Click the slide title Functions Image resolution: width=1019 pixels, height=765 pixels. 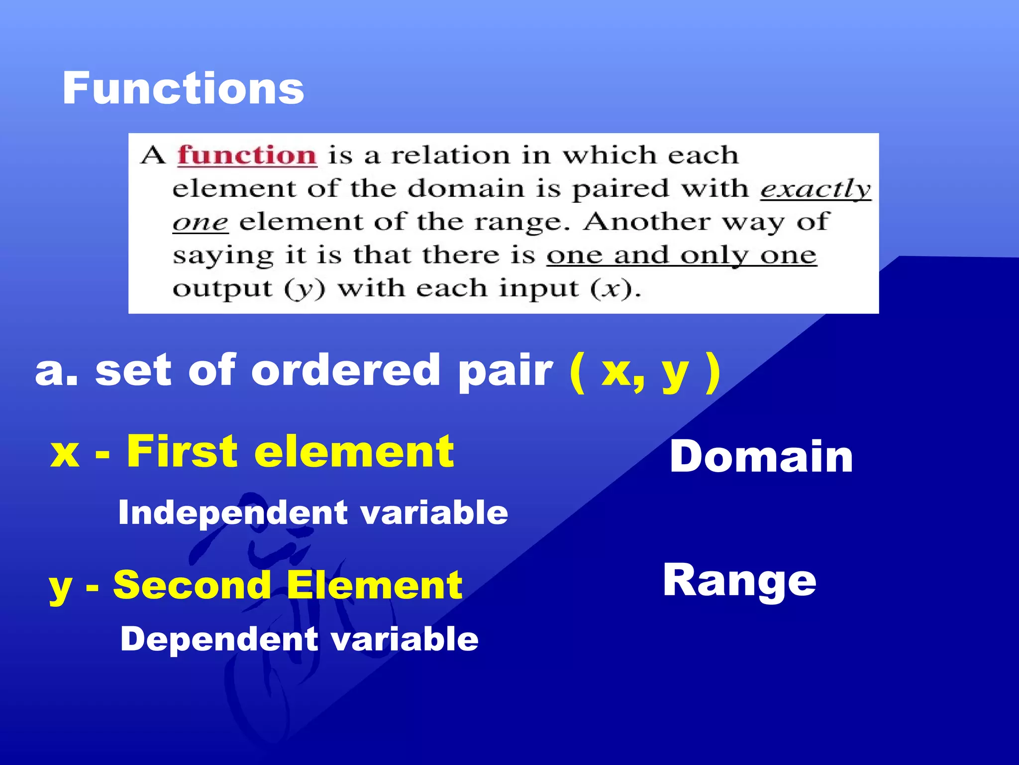[183, 88]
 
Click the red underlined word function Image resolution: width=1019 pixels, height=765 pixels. [247, 155]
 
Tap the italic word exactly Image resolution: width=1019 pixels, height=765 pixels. [815, 189]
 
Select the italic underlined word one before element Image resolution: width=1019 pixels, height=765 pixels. [200, 222]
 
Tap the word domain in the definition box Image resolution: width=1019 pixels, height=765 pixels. [466, 189]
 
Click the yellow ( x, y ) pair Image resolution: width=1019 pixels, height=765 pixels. [645, 371]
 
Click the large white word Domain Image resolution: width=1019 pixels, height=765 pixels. [761, 457]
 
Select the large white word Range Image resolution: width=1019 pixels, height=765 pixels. [739, 580]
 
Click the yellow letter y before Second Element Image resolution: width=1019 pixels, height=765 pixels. [60, 588]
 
